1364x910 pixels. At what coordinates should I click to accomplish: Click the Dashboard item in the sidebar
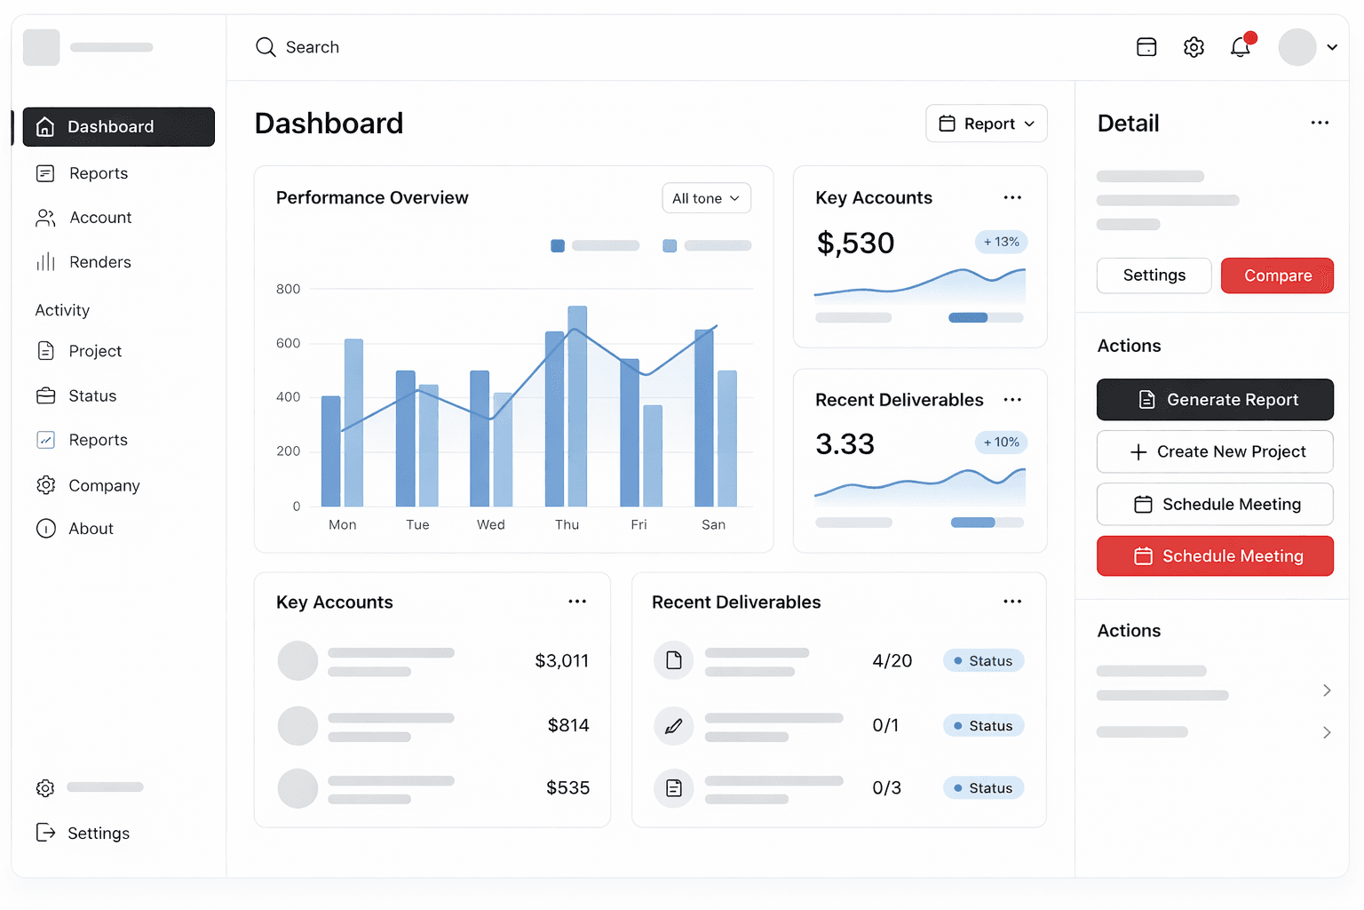pos(118,127)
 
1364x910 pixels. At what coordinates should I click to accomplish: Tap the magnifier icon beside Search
pos(266,47)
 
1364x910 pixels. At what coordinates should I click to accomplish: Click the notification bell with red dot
pos(1241,46)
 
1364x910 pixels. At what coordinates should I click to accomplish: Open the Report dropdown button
pos(986,124)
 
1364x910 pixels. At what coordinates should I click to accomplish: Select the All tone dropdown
pos(706,198)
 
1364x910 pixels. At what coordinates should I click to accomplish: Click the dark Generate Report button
pos(1214,400)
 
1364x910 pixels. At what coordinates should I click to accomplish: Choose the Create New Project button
pos(1214,451)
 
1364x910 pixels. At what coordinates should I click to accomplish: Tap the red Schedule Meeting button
pos(1214,556)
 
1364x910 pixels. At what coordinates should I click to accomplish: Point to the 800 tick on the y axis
pos(288,289)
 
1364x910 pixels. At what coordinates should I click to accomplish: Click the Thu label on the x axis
pos(567,525)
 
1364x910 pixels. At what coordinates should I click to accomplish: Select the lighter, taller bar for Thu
pos(577,405)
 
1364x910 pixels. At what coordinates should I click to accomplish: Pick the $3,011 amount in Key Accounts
pos(561,660)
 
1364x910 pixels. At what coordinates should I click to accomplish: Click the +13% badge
pos(1002,242)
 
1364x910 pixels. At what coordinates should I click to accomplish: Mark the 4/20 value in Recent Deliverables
pos(892,660)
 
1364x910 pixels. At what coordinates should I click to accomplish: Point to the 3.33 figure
pos(845,443)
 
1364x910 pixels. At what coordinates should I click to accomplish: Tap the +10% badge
pos(1002,443)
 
